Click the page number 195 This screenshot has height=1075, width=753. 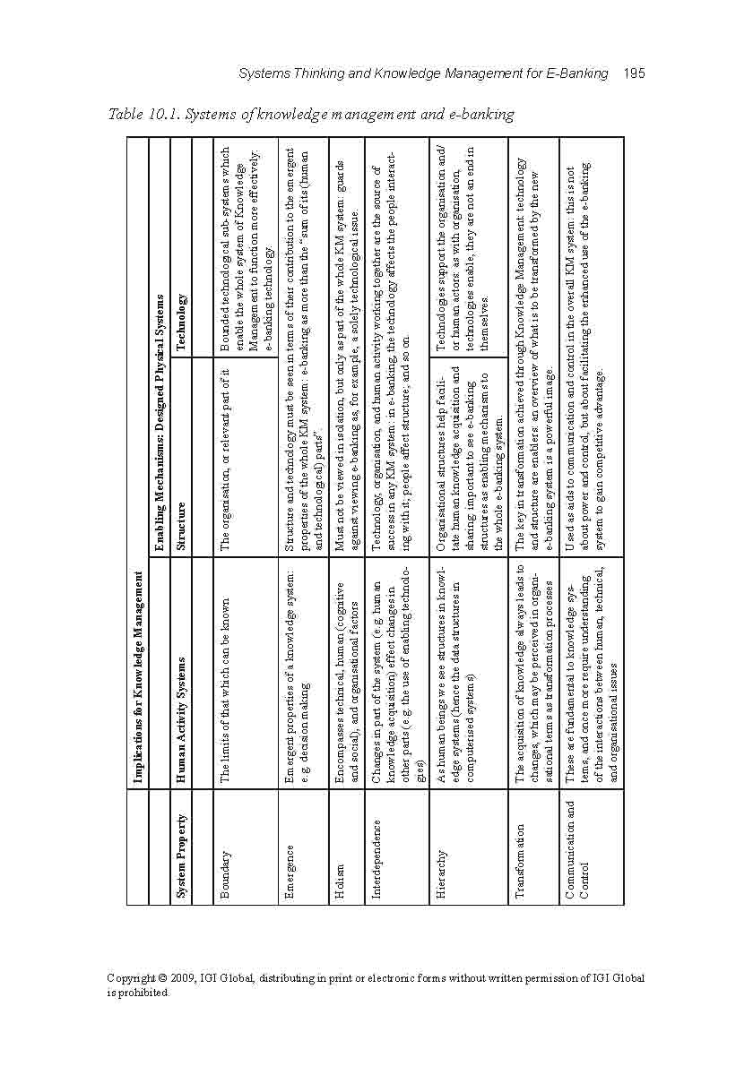[x=634, y=73]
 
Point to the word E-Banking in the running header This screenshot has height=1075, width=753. [x=576, y=73]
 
